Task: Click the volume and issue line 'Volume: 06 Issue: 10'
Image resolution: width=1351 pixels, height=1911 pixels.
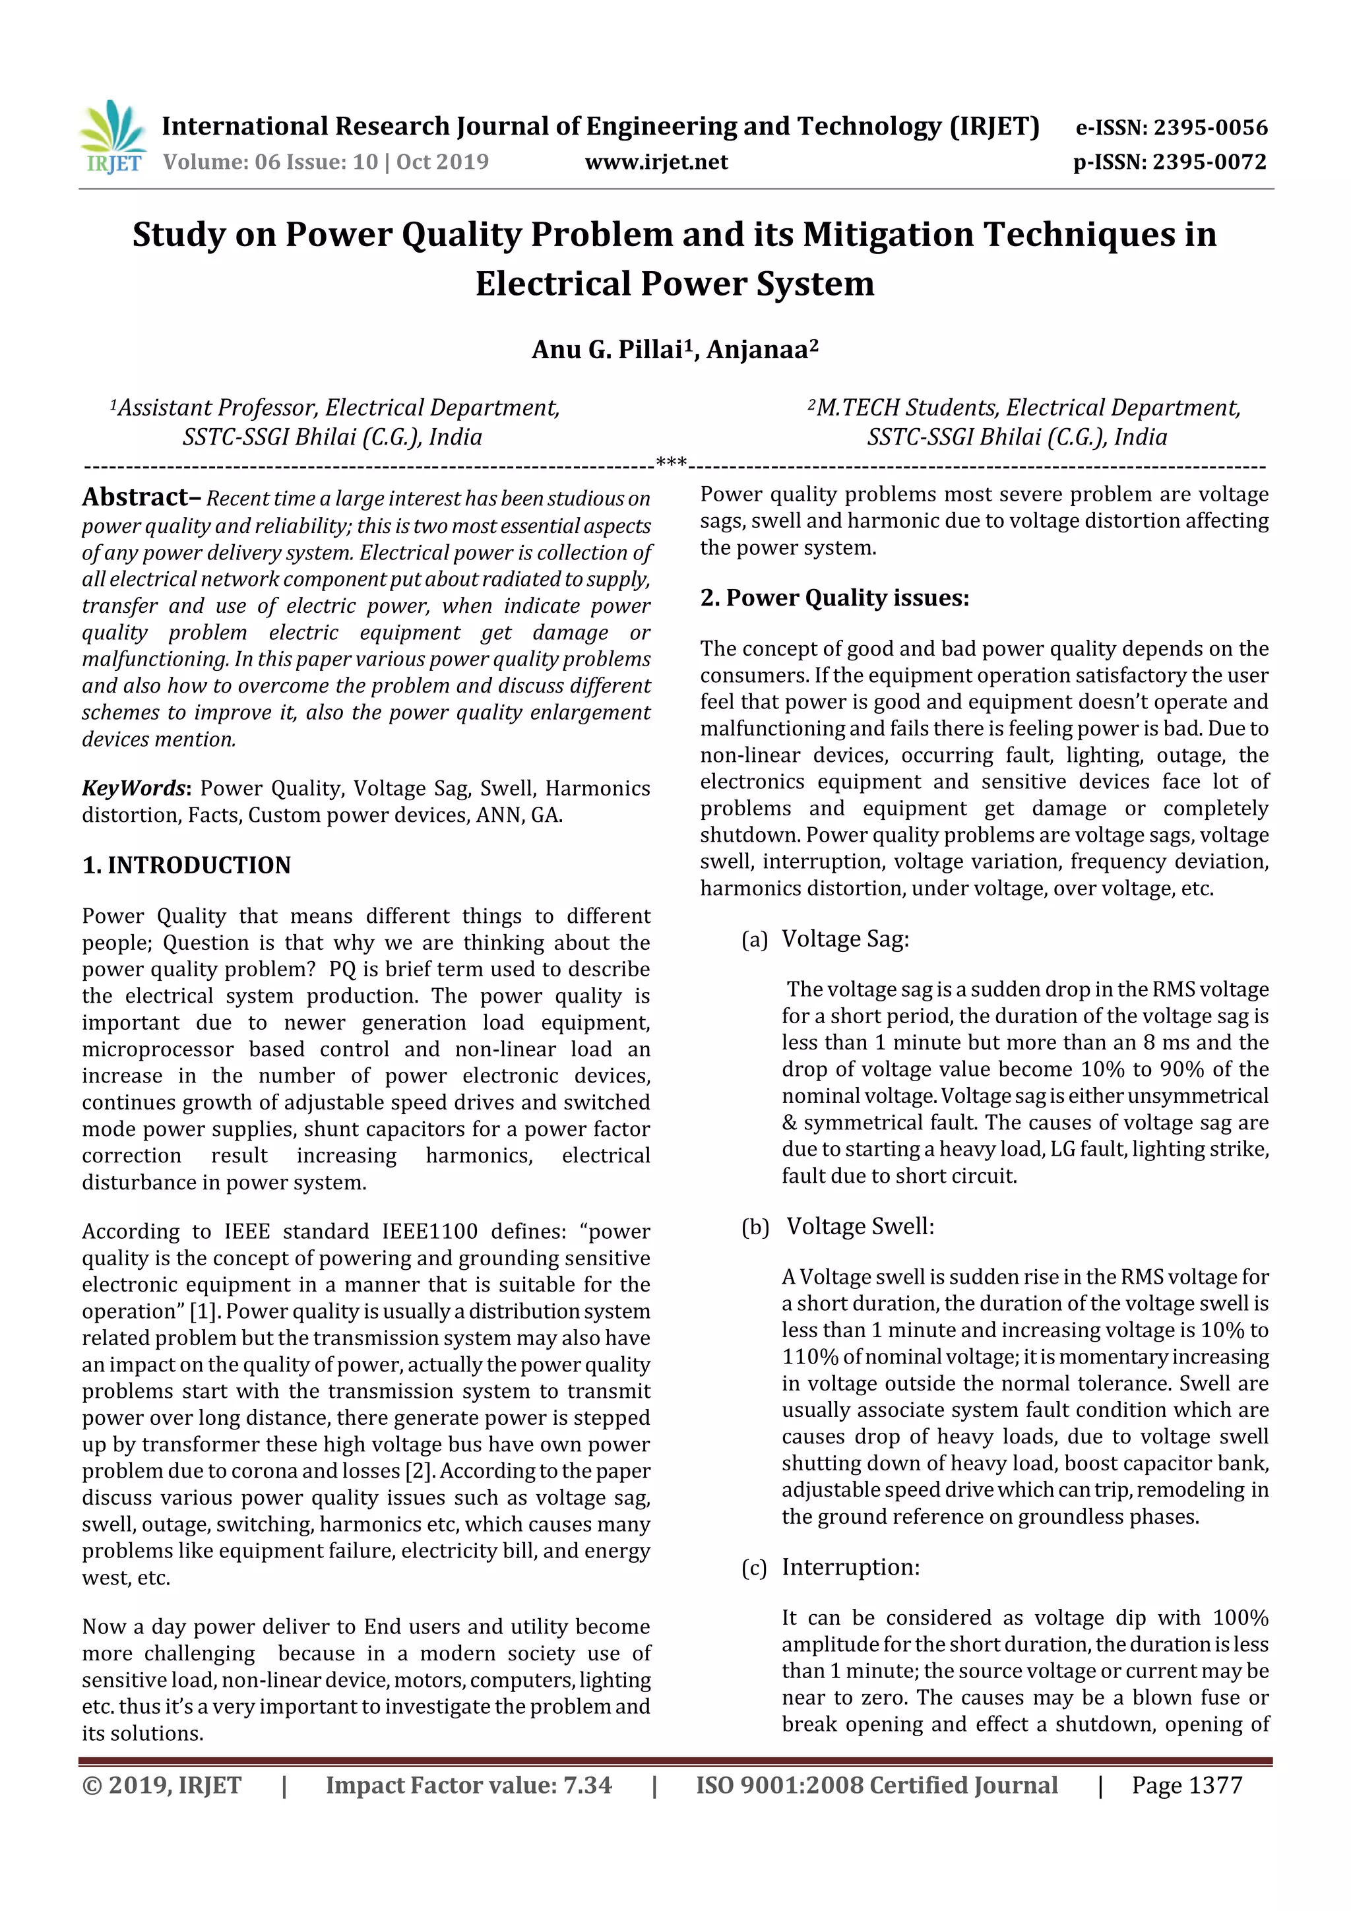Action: coord(270,162)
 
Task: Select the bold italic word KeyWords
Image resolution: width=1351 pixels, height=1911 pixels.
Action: coord(133,788)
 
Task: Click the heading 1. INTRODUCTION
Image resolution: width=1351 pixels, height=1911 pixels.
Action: coord(187,865)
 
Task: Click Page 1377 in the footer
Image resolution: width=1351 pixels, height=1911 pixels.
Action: coord(1186,1785)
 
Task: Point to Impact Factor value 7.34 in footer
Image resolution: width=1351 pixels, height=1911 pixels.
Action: coord(468,1785)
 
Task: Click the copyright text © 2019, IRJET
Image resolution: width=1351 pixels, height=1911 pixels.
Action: coord(162,1785)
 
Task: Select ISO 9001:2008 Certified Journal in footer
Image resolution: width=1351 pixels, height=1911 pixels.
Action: coord(877,1785)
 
